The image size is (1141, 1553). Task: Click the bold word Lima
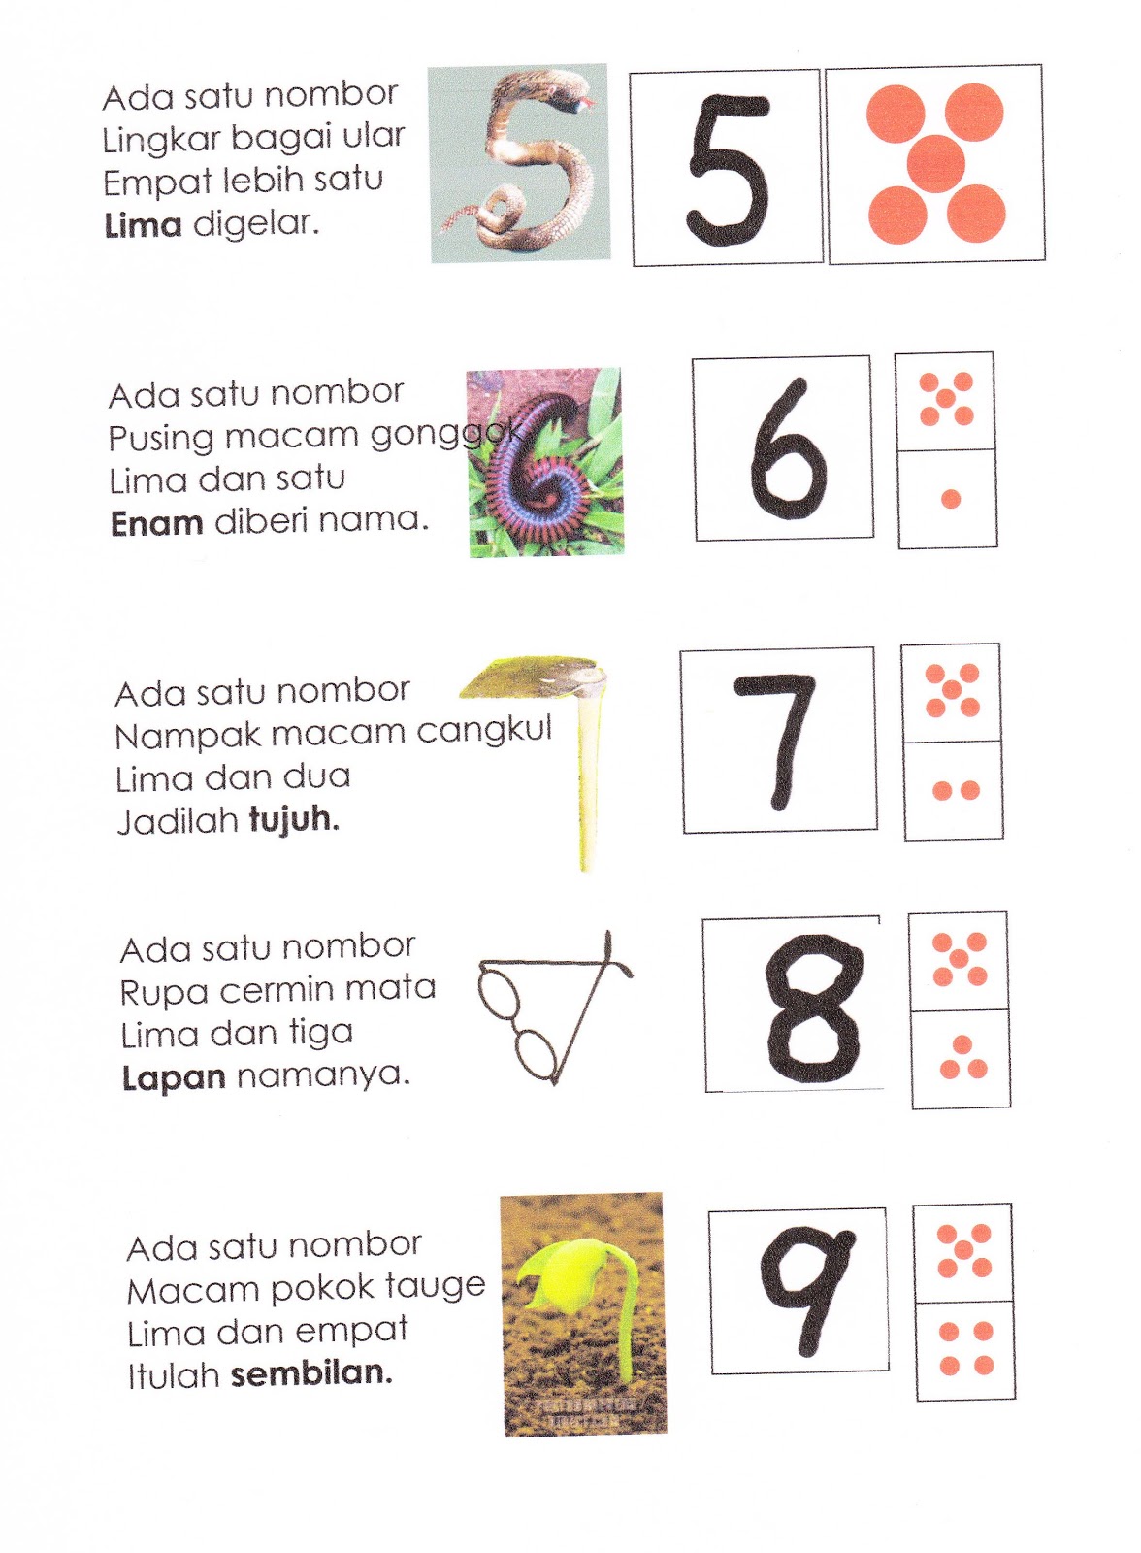coord(143,226)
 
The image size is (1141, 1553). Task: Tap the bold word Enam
coord(156,524)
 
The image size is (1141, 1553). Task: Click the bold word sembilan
coord(311,1373)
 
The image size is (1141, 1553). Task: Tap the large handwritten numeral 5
coord(728,169)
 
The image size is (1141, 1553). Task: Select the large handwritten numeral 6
coord(787,448)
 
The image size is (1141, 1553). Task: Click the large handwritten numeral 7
coord(777,740)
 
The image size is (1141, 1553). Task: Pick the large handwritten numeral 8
coord(813,1008)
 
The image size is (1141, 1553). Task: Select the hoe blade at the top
coord(532,677)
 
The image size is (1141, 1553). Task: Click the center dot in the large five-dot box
coord(936,162)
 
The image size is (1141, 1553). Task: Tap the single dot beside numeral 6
coord(951,499)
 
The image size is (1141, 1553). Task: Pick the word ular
coord(374,137)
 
